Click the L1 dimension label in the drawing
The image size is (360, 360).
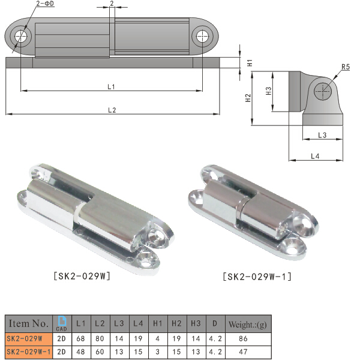click(111, 87)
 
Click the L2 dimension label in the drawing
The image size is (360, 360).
click(112, 109)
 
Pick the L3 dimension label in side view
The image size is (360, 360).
click(322, 136)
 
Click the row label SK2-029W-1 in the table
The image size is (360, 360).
click(28, 353)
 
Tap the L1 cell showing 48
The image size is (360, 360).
click(81, 353)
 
